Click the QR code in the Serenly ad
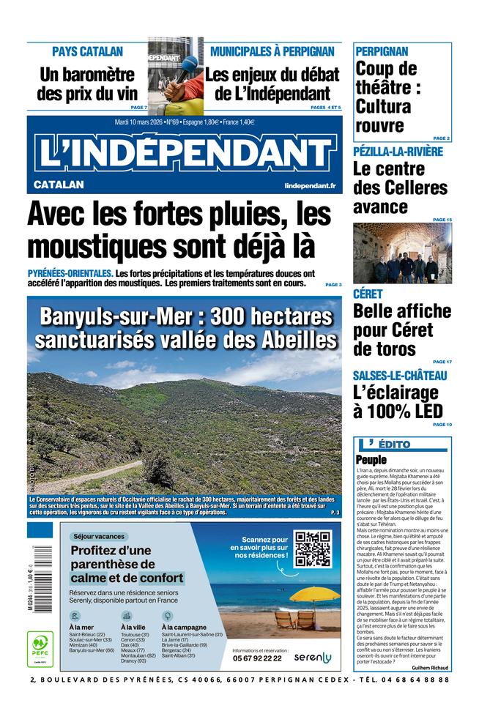point(312,548)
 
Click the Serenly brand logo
point(313,658)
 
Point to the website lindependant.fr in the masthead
point(311,186)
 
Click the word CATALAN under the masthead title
point(59,185)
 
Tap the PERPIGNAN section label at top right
point(382,51)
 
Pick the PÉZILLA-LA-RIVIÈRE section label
point(398,152)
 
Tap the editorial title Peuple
point(371,459)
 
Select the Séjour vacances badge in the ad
point(100,536)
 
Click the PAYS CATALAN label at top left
point(87,52)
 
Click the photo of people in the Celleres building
point(402,253)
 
